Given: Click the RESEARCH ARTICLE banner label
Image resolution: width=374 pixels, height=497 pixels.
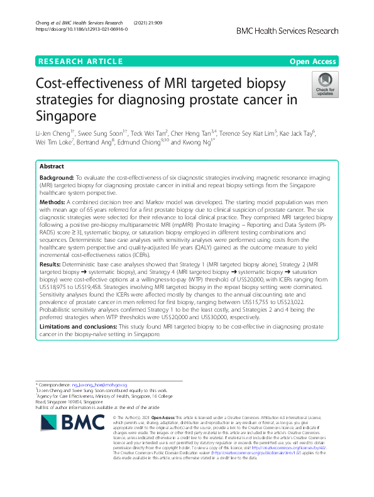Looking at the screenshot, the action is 80,61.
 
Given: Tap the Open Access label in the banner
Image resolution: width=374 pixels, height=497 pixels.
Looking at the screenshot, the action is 313,61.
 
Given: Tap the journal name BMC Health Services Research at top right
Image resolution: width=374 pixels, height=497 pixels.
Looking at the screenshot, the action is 297,30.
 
